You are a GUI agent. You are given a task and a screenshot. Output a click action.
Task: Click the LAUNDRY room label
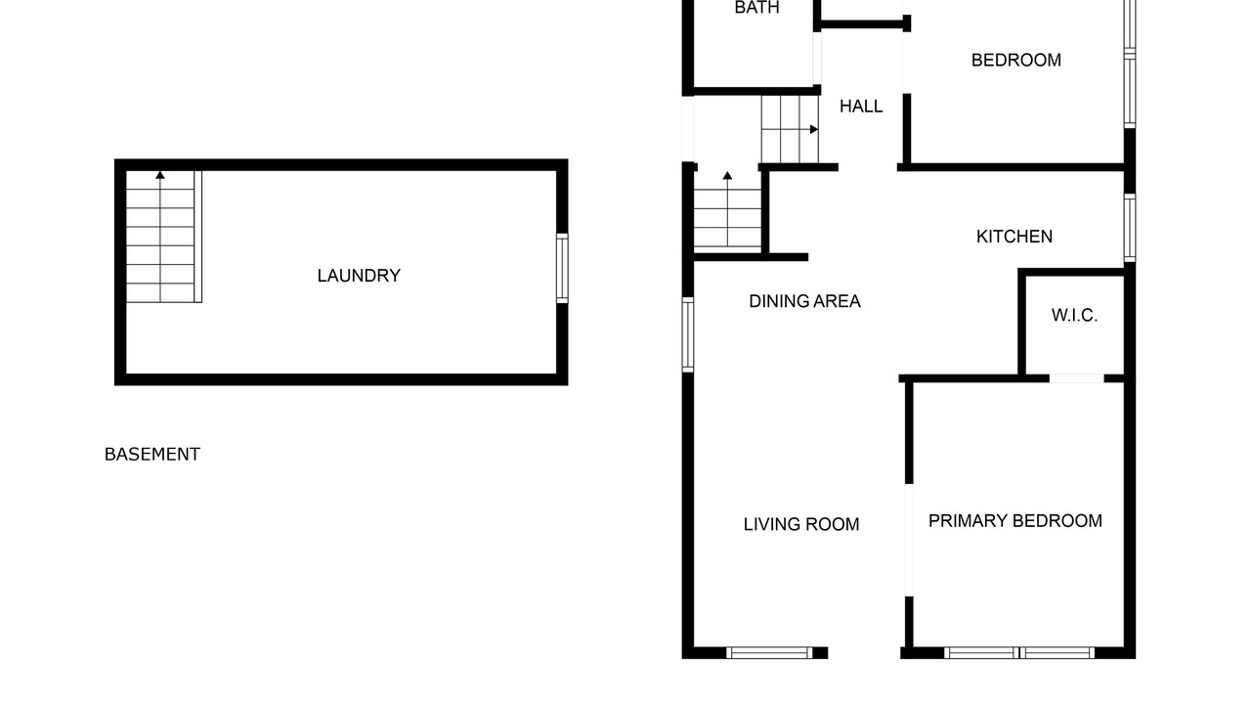coord(359,276)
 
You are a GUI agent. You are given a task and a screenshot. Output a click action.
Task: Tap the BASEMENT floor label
coord(151,455)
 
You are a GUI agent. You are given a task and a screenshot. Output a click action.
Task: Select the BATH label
coord(756,7)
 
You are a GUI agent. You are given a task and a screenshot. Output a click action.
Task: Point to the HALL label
coord(861,107)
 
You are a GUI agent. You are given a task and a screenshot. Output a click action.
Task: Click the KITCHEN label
coord(1014,237)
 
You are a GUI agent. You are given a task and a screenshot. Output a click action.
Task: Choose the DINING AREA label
coord(804,301)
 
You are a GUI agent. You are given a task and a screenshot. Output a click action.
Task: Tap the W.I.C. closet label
coord(1074,315)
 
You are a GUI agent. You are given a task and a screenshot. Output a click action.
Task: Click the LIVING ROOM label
coord(800,524)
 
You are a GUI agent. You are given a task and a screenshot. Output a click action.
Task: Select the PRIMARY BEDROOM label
coord(1014,521)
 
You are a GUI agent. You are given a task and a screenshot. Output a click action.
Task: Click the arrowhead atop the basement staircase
coord(160,175)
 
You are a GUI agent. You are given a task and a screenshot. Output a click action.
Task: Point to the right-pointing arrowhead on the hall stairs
coord(814,129)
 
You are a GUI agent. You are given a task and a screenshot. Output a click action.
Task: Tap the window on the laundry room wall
coord(562,269)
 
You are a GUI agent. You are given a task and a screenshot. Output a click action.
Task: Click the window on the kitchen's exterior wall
coord(1129,228)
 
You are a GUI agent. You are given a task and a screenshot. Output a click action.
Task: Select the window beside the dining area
coord(688,334)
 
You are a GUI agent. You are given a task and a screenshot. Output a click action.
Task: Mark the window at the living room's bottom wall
coord(769,652)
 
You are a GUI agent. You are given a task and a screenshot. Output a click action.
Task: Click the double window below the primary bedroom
coord(1019,652)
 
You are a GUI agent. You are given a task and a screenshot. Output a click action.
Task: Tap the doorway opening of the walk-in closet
coord(1076,378)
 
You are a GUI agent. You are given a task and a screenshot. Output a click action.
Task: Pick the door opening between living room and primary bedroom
coord(909,541)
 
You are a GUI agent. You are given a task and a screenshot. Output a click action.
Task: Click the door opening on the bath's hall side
coord(817,58)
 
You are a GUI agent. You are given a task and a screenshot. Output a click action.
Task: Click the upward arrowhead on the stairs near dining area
coord(727,175)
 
